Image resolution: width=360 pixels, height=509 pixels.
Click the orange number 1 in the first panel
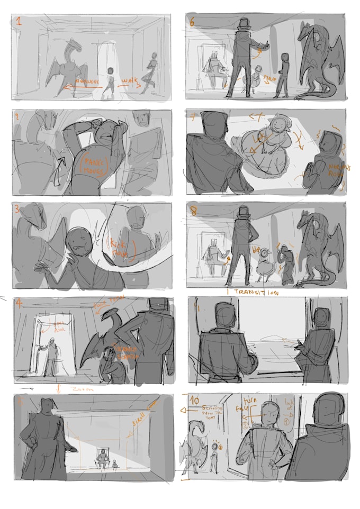tap(19, 22)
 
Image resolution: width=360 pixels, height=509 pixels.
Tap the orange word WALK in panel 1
tap(130, 81)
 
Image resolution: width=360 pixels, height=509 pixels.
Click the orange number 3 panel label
tap(17, 210)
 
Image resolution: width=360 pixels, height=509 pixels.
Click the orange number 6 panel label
tap(192, 21)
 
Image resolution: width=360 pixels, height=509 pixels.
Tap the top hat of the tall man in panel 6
tap(245, 24)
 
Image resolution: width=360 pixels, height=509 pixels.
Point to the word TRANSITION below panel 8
tap(254, 292)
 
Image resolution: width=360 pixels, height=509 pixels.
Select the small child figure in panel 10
tap(213, 456)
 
